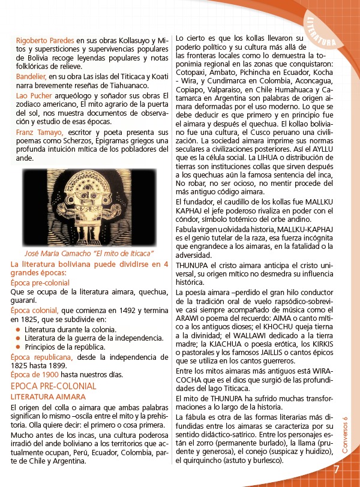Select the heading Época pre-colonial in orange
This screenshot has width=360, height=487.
point(40,283)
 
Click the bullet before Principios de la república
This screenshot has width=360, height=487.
point(19,347)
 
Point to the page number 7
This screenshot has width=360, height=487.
point(337,468)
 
